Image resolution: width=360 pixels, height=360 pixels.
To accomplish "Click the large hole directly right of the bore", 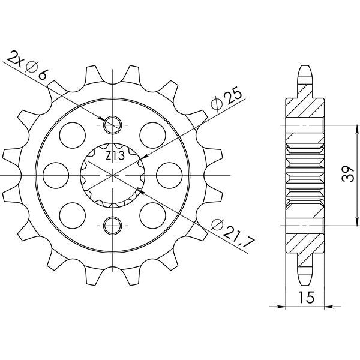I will (166, 175).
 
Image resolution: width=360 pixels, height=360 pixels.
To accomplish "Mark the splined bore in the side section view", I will (305, 175).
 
